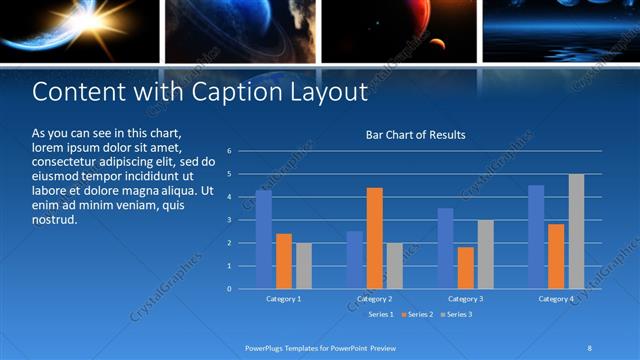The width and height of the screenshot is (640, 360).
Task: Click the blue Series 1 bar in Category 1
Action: click(x=264, y=240)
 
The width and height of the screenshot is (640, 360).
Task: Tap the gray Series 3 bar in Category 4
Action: click(x=576, y=231)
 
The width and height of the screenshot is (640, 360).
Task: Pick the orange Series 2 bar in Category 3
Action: click(x=465, y=268)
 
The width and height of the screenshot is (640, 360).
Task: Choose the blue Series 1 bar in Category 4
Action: click(x=536, y=237)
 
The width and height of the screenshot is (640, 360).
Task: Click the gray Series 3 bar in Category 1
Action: click(x=304, y=266)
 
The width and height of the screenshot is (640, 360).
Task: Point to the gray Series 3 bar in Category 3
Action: click(x=485, y=254)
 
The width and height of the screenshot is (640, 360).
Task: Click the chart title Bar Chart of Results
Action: click(x=415, y=135)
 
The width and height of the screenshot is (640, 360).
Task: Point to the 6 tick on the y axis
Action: click(x=229, y=151)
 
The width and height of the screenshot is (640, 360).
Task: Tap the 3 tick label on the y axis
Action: click(x=229, y=220)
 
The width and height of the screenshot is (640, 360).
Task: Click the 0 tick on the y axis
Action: click(x=229, y=289)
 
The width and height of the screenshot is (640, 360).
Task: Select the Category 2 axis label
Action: click(x=375, y=299)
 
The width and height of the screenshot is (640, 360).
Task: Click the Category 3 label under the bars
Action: click(x=465, y=299)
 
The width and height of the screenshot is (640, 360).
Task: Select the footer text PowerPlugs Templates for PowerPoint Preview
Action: click(x=320, y=348)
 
